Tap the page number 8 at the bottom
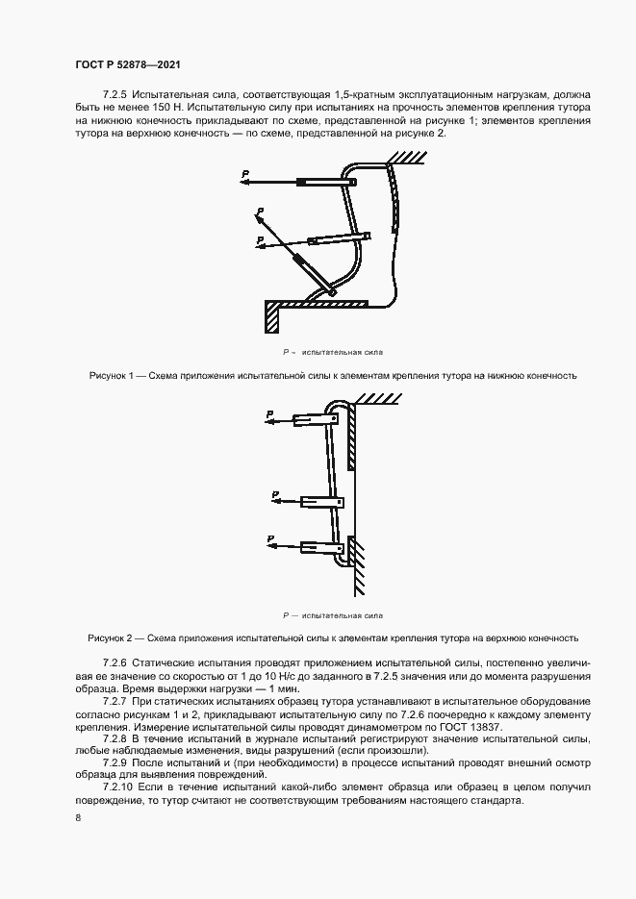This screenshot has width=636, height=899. pos(77,817)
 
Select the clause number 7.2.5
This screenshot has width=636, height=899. pos(114,95)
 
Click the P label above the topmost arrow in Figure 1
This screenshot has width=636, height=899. pos(245,172)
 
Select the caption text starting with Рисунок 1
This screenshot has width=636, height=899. pos(332,376)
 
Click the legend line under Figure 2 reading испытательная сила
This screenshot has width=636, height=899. pos(332,614)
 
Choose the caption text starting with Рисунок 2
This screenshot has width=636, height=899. pos(333,637)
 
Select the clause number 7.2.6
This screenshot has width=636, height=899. pos(114,664)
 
